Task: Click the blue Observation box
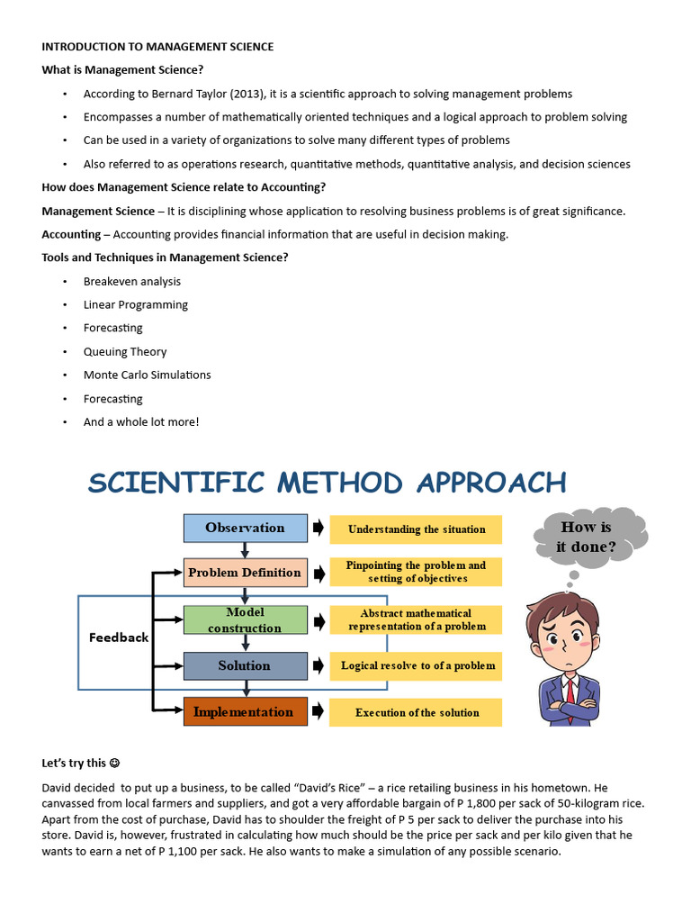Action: pyautogui.click(x=245, y=529)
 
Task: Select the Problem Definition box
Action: pyautogui.click(x=245, y=573)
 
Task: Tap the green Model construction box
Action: pyautogui.click(x=245, y=619)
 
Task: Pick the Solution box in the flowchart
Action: pyautogui.click(x=245, y=666)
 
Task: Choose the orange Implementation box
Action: pyautogui.click(x=245, y=712)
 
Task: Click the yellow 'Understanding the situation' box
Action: pyautogui.click(x=416, y=529)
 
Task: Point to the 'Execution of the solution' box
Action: pyautogui.click(x=416, y=712)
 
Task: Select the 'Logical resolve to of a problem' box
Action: pyautogui.click(x=416, y=666)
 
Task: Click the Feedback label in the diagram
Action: pyautogui.click(x=119, y=637)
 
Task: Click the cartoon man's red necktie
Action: pyautogui.click(x=570, y=691)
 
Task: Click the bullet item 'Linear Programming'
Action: pyautogui.click(x=136, y=305)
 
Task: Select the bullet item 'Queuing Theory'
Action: pyautogui.click(x=125, y=352)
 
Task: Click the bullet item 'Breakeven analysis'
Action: pyautogui.click(x=132, y=282)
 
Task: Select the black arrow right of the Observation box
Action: pyautogui.click(x=319, y=529)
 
